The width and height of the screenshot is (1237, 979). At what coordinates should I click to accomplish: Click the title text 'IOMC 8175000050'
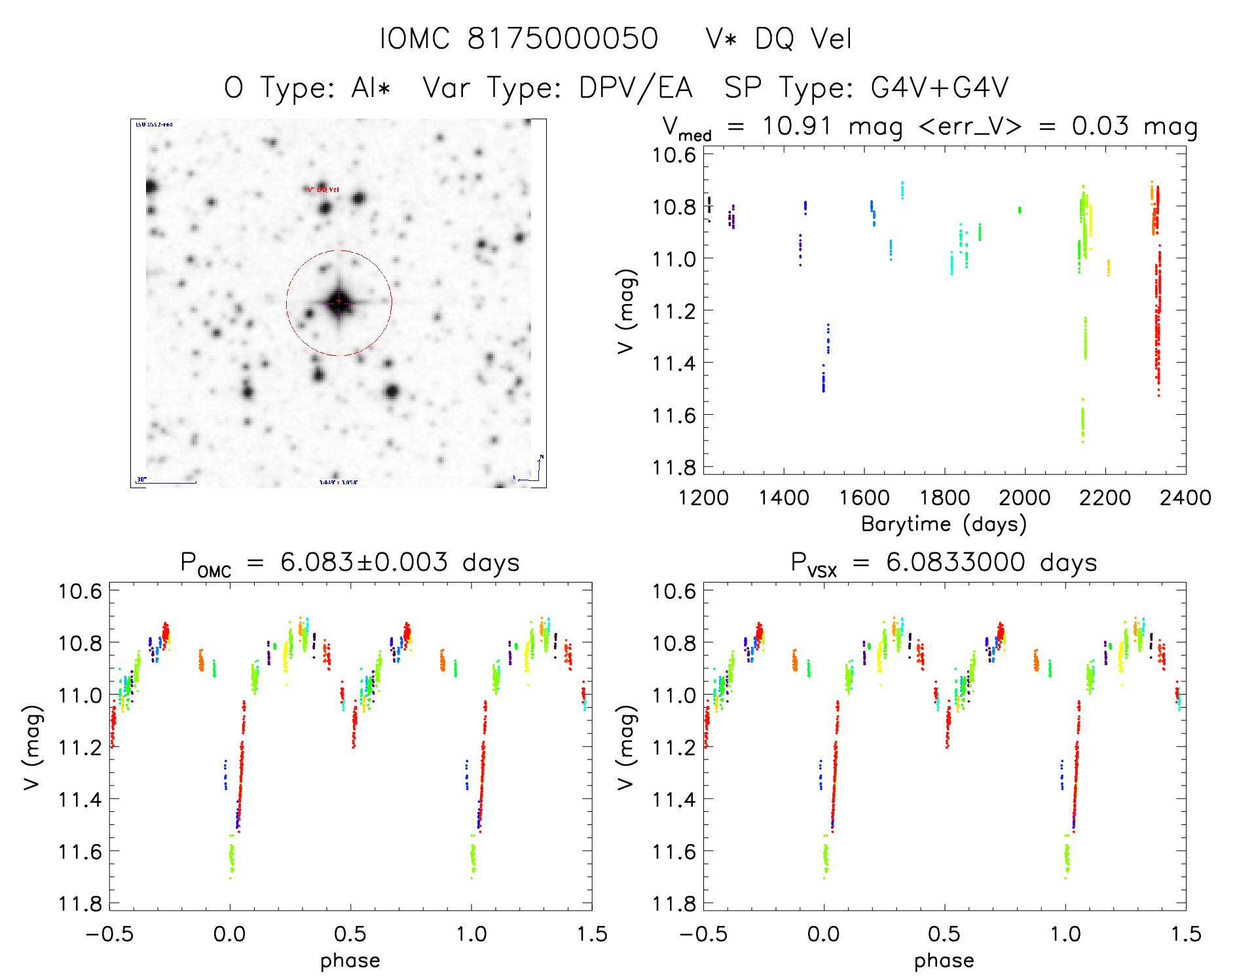tap(519, 39)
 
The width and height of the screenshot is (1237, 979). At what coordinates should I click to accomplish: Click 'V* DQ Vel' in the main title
tap(779, 39)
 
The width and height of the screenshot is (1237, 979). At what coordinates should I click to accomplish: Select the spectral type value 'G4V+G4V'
tap(940, 87)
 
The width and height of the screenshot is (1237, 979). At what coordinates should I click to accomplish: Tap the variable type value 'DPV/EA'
tap(635, 87)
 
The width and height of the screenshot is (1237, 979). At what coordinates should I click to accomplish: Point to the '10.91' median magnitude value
tap(796, 125)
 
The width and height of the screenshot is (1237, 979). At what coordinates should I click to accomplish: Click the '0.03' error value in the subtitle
tap(1100, 125)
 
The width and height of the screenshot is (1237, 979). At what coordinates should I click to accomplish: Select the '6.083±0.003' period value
tap(364, 562)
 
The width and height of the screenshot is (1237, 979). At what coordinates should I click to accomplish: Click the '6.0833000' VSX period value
tap(955, 562)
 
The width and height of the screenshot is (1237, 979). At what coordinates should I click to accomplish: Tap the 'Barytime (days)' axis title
tap(944, 524)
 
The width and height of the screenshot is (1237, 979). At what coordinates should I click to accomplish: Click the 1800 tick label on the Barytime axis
tap(944, 498)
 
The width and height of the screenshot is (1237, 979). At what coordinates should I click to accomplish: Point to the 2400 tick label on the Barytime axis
tap(1185, 498)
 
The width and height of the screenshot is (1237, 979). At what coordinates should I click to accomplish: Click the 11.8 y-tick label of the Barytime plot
tap(674, 467)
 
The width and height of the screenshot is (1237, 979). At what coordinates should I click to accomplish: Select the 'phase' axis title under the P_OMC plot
tap(350, 961)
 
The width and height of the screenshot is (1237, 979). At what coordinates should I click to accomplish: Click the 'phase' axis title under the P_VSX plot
tap(944, 961)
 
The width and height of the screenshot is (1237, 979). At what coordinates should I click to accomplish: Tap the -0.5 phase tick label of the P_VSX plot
tap(703, 934)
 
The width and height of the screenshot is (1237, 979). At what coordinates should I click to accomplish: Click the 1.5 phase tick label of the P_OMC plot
tap(592, 934)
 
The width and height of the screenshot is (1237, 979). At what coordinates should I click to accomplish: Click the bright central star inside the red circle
tap(339, 302)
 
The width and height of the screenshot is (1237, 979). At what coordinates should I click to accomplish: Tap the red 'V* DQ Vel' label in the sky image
tap(323, 189)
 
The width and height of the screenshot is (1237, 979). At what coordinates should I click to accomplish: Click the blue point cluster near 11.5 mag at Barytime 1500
tap(823, 380)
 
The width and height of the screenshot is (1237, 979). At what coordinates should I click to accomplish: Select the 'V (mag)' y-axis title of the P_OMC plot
tap(33, 747)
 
